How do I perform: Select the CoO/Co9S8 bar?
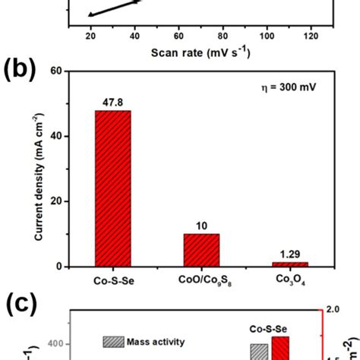[x=201, y=250]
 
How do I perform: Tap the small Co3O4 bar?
[x=290, y=264]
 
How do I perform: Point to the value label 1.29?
[x=290, y=256]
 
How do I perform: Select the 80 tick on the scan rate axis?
[x=223, y=36]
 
